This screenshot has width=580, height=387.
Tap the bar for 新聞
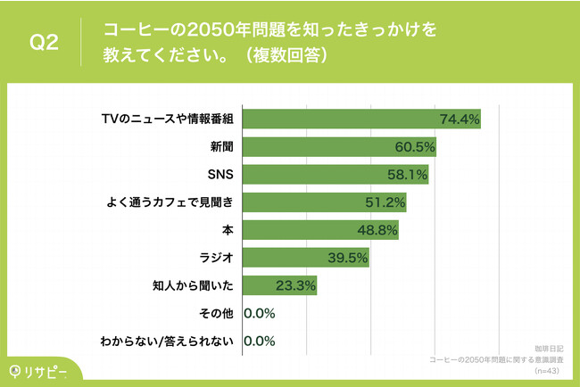pos(339,146)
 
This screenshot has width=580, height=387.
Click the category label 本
pos(228,230)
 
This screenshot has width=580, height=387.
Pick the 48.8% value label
pos(378,230)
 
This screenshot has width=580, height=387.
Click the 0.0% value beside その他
pos(259,313)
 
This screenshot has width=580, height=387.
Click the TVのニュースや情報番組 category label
pos(168,119)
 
